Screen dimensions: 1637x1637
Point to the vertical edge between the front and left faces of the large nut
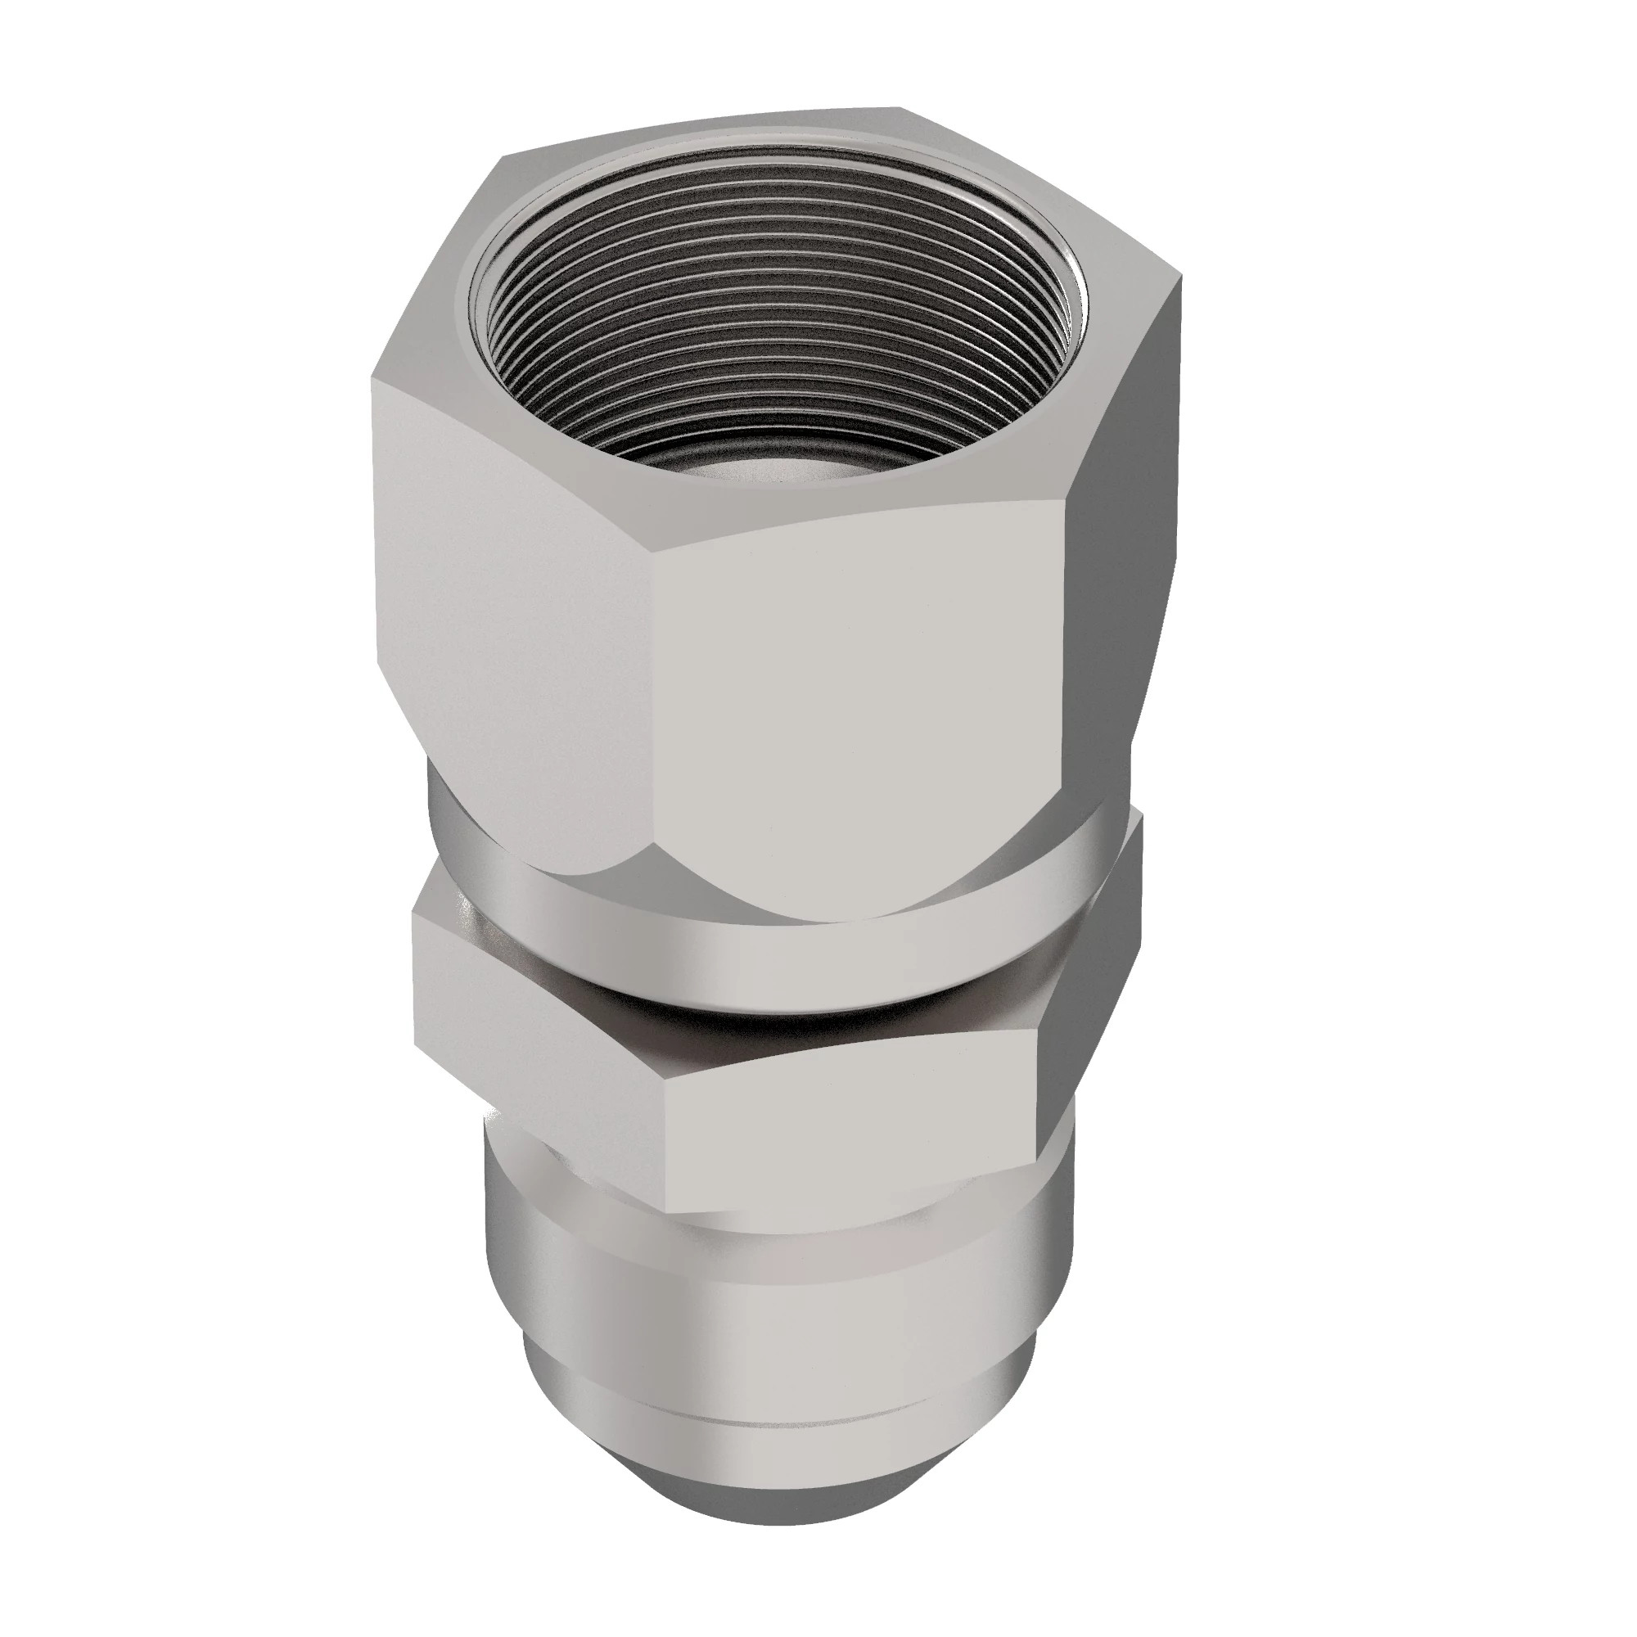pos(654,678)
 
